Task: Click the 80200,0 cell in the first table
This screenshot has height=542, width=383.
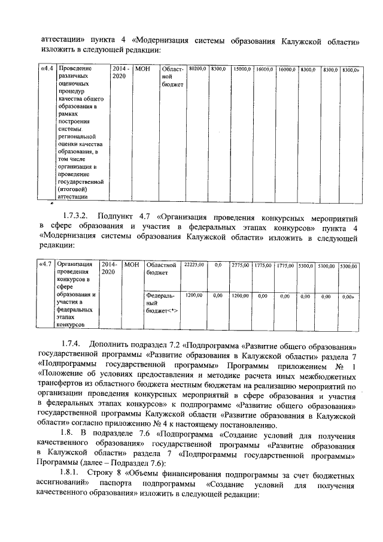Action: pos(197,70)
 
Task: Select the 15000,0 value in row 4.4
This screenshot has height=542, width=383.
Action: pos(242,70)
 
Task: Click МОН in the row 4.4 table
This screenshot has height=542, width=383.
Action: pos(142,69)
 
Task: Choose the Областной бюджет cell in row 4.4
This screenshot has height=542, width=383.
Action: pos(172,77)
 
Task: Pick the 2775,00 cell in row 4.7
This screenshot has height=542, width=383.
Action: pos(239,264)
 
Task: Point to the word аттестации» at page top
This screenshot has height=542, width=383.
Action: pos(62,42)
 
